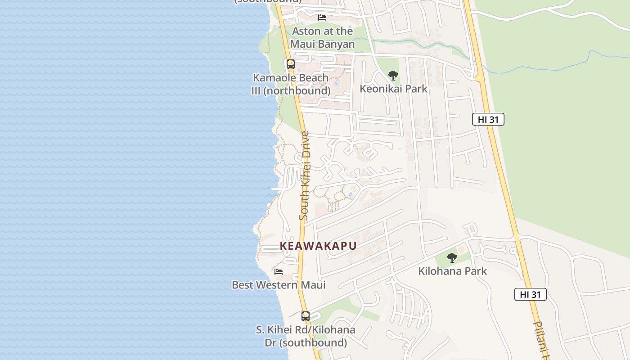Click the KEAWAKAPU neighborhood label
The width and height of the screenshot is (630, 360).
318,246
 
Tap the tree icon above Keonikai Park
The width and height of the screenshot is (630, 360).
393,75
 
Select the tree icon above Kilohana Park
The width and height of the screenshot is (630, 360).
452,258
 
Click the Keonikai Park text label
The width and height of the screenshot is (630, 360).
393,89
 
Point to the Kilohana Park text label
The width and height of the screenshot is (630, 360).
452,271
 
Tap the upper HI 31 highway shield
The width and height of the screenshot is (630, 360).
488,119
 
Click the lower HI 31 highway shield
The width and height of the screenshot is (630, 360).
530,295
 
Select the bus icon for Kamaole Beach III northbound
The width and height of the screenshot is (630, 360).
291,64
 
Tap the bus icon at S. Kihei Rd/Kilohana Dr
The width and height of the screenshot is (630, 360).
306,316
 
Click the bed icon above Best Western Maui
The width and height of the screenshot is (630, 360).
279,272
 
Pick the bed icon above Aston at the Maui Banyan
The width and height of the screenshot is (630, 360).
322,18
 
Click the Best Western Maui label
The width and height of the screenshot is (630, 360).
279,285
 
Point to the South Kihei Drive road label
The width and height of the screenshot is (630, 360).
305,175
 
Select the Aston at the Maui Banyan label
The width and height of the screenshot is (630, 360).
322,38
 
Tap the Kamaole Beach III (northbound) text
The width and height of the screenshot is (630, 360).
291,84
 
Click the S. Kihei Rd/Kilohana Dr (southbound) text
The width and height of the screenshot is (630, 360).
306,336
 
